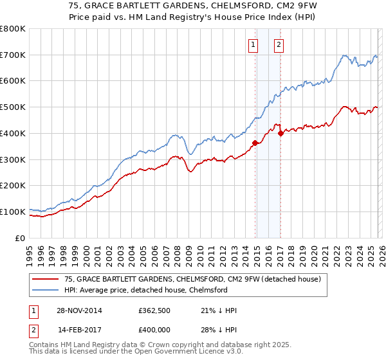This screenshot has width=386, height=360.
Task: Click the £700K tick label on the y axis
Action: coord(13,55)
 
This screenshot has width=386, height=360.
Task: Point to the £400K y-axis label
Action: coord(13,134)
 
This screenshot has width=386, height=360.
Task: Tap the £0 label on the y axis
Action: coord(20,238)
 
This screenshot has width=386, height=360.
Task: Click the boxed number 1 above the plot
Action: coord(253,45)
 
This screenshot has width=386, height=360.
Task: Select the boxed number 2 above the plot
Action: coord(279,45)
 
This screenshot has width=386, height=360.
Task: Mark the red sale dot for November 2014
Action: coord(255,143)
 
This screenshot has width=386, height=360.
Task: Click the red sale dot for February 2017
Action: coord(280,133)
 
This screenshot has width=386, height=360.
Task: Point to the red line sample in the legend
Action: coord(46,279)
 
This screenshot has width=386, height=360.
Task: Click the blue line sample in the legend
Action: coord(46,290)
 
